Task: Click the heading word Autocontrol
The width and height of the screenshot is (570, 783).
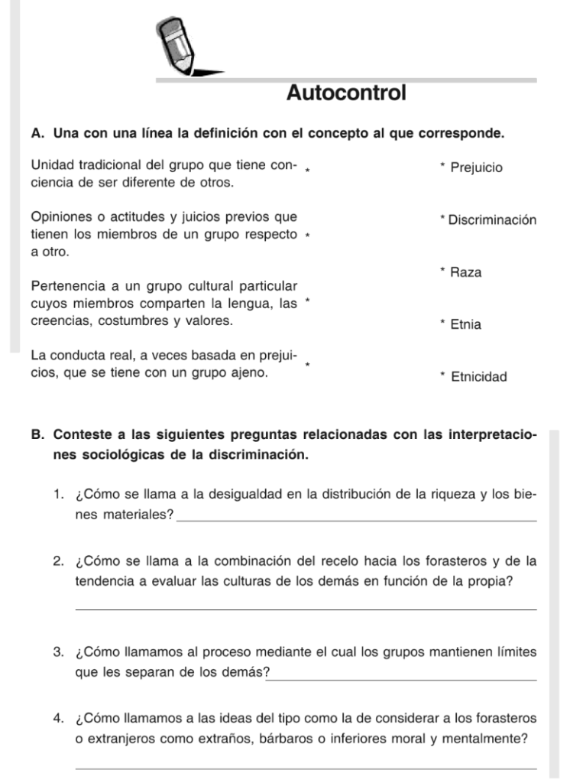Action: click(x=346, y=94)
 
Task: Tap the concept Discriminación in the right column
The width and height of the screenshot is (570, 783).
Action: click(x=492, y=220)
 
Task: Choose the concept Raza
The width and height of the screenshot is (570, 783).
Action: click(x=466, y=272)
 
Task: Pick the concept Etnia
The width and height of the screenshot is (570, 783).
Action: click(x=466, y=324)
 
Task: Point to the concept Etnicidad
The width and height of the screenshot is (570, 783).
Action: click(x=479, y=376)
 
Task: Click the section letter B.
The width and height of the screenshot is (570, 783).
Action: click(x=37, y=436)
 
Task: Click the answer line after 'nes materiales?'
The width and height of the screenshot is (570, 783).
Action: click(x=356, y=519)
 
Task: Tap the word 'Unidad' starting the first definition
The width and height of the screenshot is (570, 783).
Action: click(x=51, y=166)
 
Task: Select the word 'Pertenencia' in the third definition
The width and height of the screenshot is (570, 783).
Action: click(x=65, y=287)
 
